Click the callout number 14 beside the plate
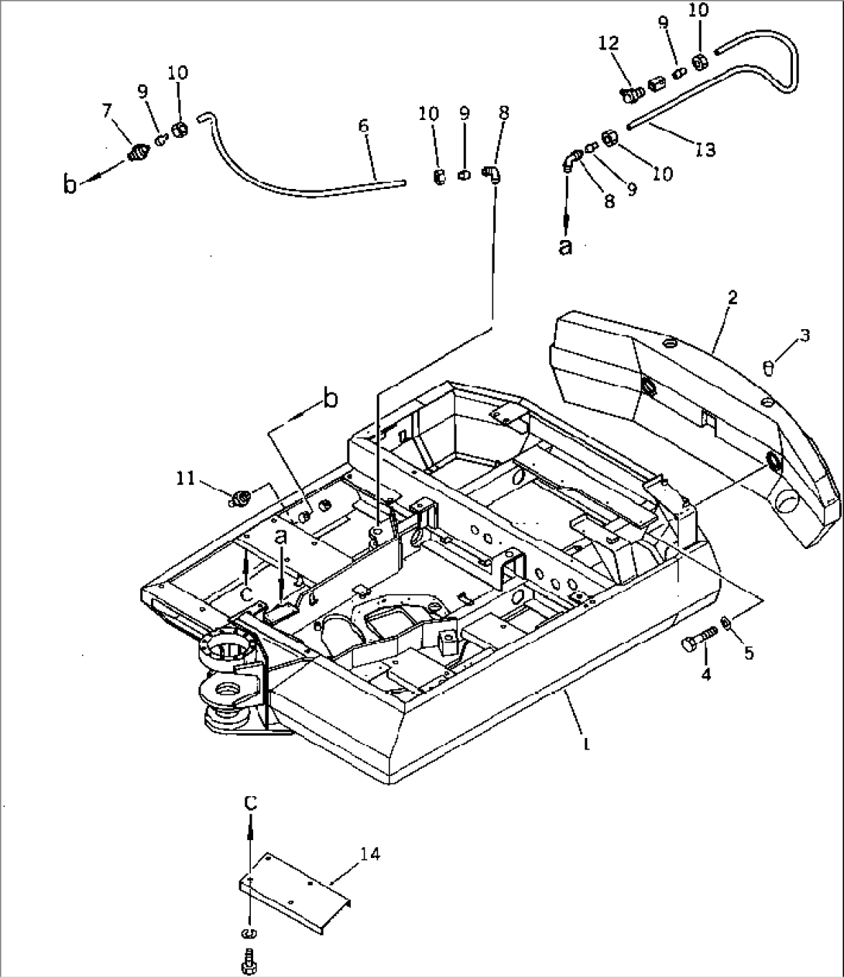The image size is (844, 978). tap(369, 853)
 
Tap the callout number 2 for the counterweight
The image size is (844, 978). tap(732, 297)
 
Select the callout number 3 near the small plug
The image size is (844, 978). tap(805, 335)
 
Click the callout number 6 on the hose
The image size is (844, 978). tap(363, 126)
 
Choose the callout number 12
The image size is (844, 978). tap(609, 43)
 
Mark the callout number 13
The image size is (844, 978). tap(706, 149)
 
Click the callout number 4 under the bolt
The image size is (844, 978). tap(705, 674)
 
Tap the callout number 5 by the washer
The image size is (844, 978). tap(747, 653)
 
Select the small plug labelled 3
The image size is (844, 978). tap(767, 367)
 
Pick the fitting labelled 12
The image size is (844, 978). tap(631, 94)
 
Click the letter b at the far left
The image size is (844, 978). tap(70, 186)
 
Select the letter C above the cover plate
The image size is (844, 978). tap(250, 803)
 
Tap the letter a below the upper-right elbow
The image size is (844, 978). tap(566, 246)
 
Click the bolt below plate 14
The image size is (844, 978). tap(249, 960)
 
